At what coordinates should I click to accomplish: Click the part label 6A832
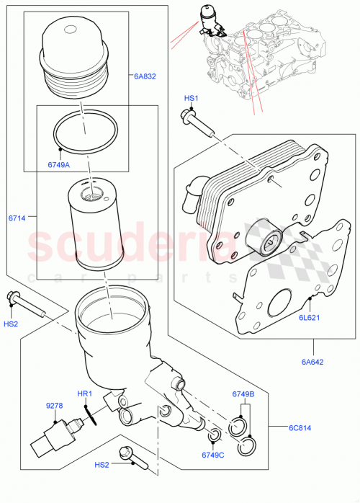click(144, 74)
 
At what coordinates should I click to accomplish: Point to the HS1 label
click(191, 98)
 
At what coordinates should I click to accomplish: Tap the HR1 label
click(86, 393)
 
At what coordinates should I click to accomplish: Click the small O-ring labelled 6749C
click(213, 435)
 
